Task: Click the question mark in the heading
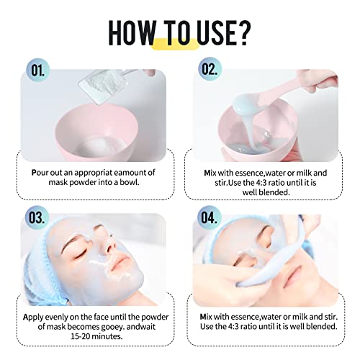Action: click(x=244, y=32)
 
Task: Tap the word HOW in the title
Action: click(x=132, y=32)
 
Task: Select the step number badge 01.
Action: click(x=38, y=71)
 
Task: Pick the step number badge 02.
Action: click(x=210, y=69)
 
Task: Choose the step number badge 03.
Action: click(x=37, y=217)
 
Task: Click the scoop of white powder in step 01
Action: click(x=103, y=86)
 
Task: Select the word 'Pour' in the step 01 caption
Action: click(x=40, y=173)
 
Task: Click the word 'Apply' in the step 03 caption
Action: click(x=33, y=318)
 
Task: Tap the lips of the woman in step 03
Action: click(x=120, y=262)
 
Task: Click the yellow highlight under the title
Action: click(x=175, y=45)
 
